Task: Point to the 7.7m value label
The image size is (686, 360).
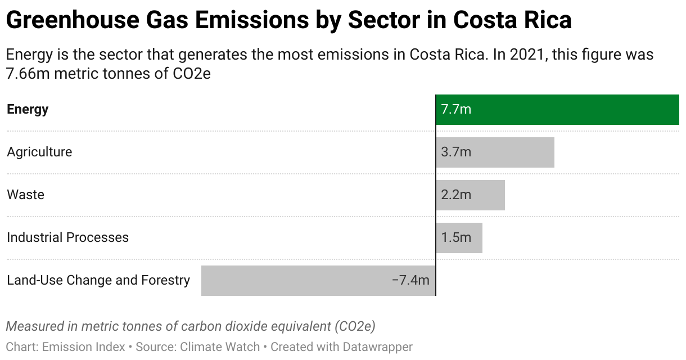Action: [456, 109]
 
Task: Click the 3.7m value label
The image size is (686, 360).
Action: [456, 152]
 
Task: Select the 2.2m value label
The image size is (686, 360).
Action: [456, 195]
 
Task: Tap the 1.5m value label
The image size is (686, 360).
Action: [456, 237]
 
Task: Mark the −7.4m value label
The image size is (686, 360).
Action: [410, 280]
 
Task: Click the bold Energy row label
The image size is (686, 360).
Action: [28, 109]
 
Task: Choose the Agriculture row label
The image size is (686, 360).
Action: [39, 152]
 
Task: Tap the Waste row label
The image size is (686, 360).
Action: [25, 195]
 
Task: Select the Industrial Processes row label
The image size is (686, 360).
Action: [67, 237]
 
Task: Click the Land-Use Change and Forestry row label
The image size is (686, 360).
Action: [98, 280]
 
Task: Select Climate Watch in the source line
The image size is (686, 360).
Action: [220, 347]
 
